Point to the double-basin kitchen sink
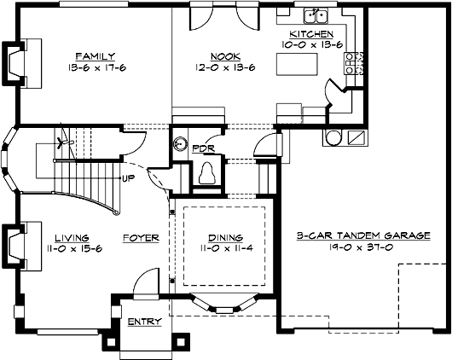coord(316,15)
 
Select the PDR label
coord(202,147)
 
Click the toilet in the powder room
coord(206,173)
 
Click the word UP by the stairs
coord(129,178)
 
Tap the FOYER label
coord(141,238)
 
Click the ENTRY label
coord(141,322)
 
